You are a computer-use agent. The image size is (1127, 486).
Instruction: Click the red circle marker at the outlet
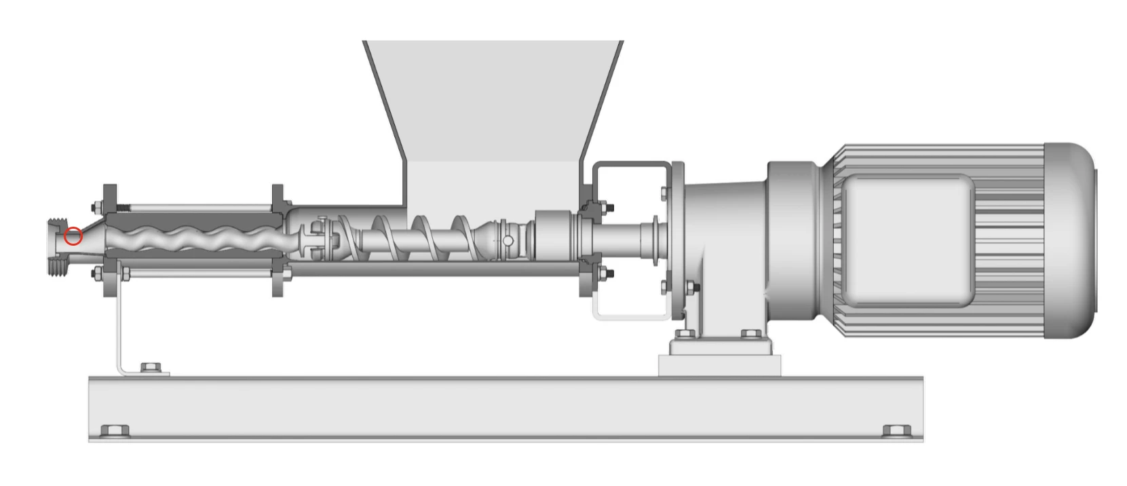pyautogui.click(x=73, y=236)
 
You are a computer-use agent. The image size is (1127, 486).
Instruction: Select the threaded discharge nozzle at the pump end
pyautogui.click(x=58, y=245)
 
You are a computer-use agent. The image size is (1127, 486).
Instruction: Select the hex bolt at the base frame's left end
pyautogui.click(x=115, y=431)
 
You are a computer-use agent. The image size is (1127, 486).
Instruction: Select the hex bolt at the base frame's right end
pyautogui.click(x=896, y=431)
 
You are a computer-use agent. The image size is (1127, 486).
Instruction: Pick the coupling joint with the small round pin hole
pyautogui.click(x=508, y=241)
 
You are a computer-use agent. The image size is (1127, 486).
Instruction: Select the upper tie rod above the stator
pyautogui.click(x=197, y=206)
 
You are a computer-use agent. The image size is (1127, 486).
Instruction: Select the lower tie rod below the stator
pyautogui.click(x=197, y=274)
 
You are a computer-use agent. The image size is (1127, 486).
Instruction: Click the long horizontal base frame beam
pyautogui.click(x=505, y=409)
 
